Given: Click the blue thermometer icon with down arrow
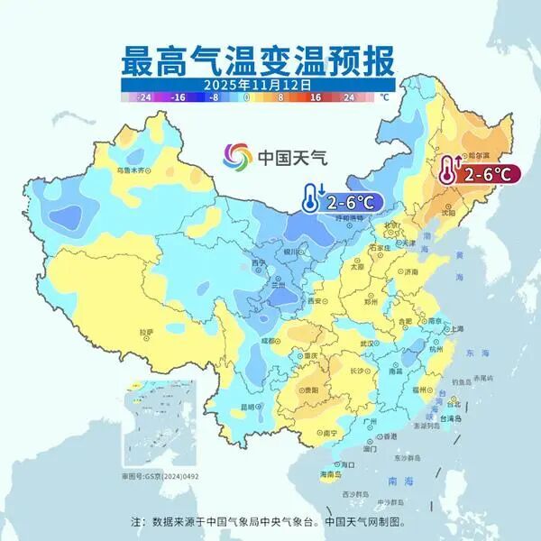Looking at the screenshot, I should [x=311, y=197].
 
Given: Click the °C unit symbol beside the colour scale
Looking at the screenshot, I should [x=384, y=96].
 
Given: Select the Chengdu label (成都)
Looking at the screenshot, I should [x=270, y=341].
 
